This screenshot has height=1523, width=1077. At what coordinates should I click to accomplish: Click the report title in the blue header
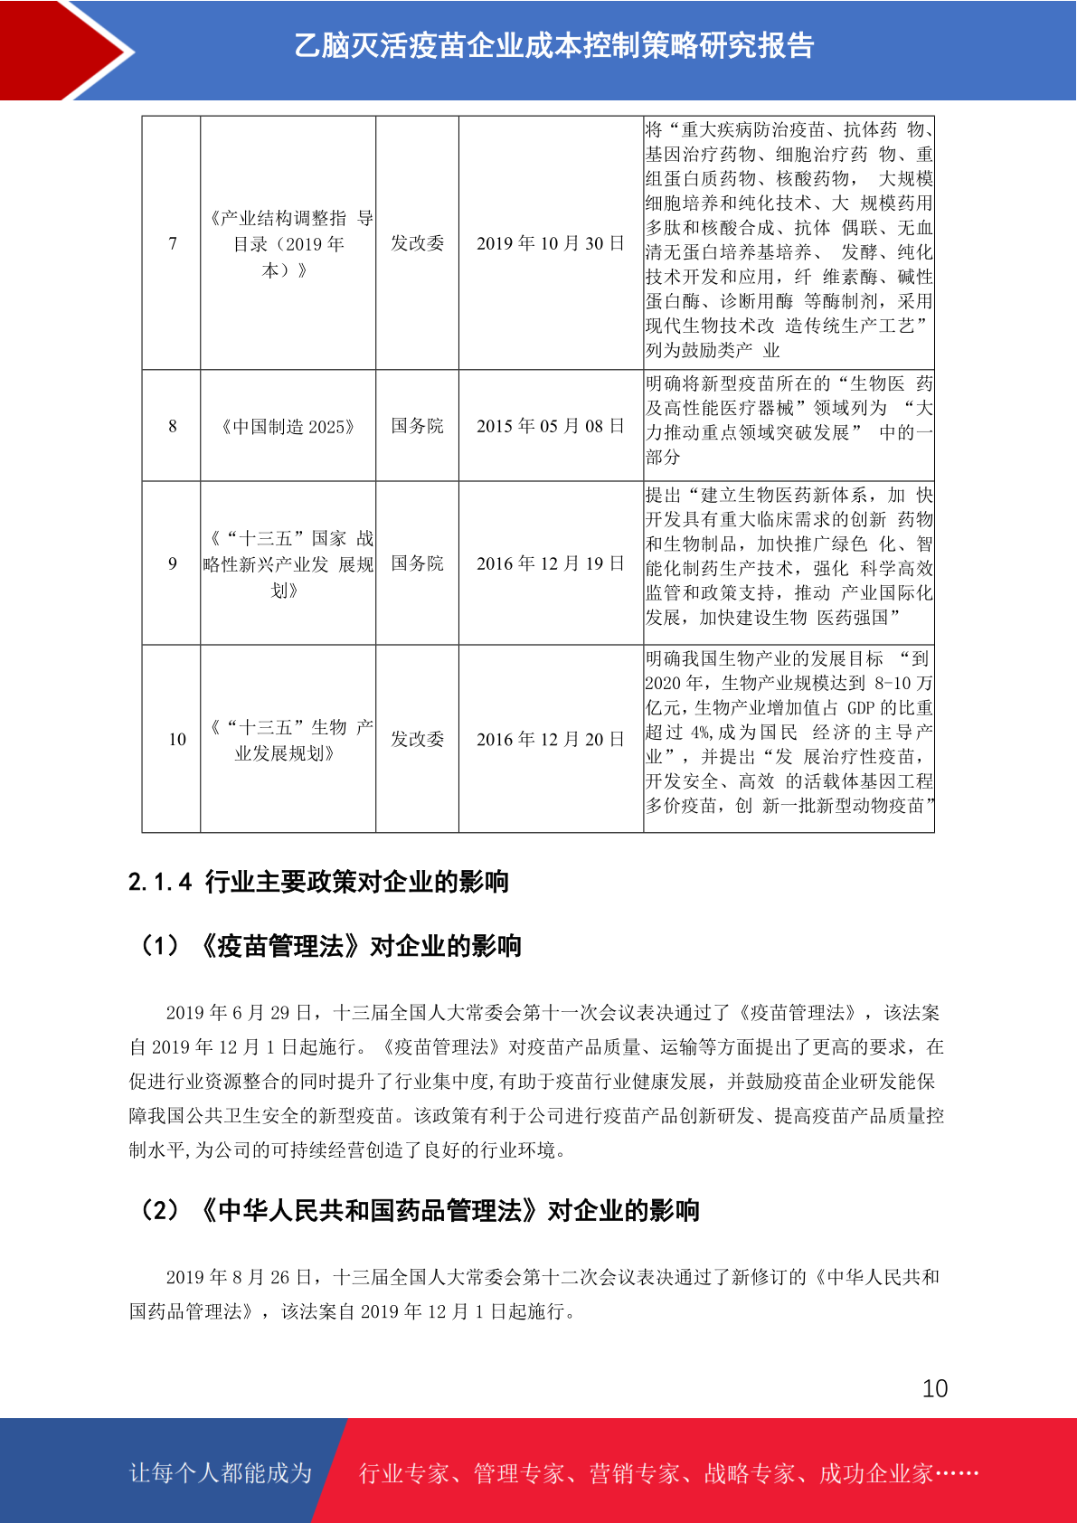553,45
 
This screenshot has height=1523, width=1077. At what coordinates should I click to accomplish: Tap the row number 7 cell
172,243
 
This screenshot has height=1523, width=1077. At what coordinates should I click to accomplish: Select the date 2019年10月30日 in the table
550,243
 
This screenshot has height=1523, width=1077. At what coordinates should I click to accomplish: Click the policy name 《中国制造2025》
288,426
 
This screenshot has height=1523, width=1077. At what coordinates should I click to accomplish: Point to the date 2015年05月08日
550,426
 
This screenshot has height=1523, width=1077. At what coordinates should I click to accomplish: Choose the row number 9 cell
172,563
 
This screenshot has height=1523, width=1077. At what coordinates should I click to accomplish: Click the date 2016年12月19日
550,563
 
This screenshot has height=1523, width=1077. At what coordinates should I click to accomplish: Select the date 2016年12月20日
550,739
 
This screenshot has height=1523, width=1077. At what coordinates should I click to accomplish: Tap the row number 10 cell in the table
177,739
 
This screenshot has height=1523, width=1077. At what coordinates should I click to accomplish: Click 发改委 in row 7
417,243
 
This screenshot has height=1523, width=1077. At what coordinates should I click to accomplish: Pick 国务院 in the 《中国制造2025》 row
417,426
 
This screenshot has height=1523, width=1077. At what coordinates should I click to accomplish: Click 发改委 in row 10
417,739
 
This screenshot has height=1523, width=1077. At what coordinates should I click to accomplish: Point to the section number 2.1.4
160,882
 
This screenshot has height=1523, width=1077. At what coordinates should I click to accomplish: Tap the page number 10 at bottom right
934,1388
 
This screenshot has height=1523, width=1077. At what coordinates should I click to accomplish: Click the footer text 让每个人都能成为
221,1473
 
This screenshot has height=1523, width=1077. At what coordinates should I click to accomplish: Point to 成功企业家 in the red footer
875,1473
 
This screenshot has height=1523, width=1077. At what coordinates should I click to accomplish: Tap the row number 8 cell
172,426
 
